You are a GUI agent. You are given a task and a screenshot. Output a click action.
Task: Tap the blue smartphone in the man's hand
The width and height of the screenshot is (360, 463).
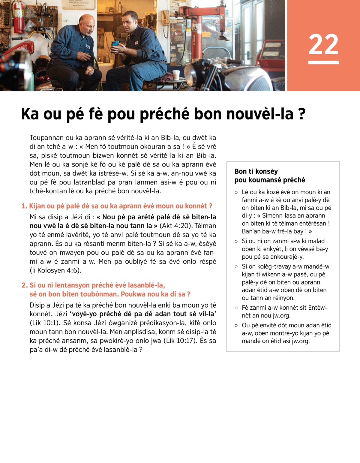point(115,44)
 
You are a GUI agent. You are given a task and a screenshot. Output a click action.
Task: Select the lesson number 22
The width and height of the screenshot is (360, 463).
point(323,44)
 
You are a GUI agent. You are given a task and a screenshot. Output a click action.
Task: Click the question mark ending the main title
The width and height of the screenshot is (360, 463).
point(302,114)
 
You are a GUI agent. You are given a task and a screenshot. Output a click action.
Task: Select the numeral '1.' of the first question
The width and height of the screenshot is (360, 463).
point(24,206)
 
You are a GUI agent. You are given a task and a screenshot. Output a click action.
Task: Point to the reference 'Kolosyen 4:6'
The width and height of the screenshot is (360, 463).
point(58,270)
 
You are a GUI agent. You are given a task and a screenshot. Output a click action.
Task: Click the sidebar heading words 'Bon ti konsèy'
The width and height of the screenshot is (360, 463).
point(256,171)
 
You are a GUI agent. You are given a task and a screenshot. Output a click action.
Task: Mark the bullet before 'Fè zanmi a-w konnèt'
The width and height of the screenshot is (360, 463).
point(236,308)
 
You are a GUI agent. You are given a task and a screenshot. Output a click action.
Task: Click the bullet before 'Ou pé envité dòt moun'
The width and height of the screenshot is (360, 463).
point(236,326)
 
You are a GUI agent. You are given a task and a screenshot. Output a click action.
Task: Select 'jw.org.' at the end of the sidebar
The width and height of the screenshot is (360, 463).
point(300,341)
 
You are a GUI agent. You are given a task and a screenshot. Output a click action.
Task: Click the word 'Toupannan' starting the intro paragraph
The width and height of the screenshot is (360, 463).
point(46,138)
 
